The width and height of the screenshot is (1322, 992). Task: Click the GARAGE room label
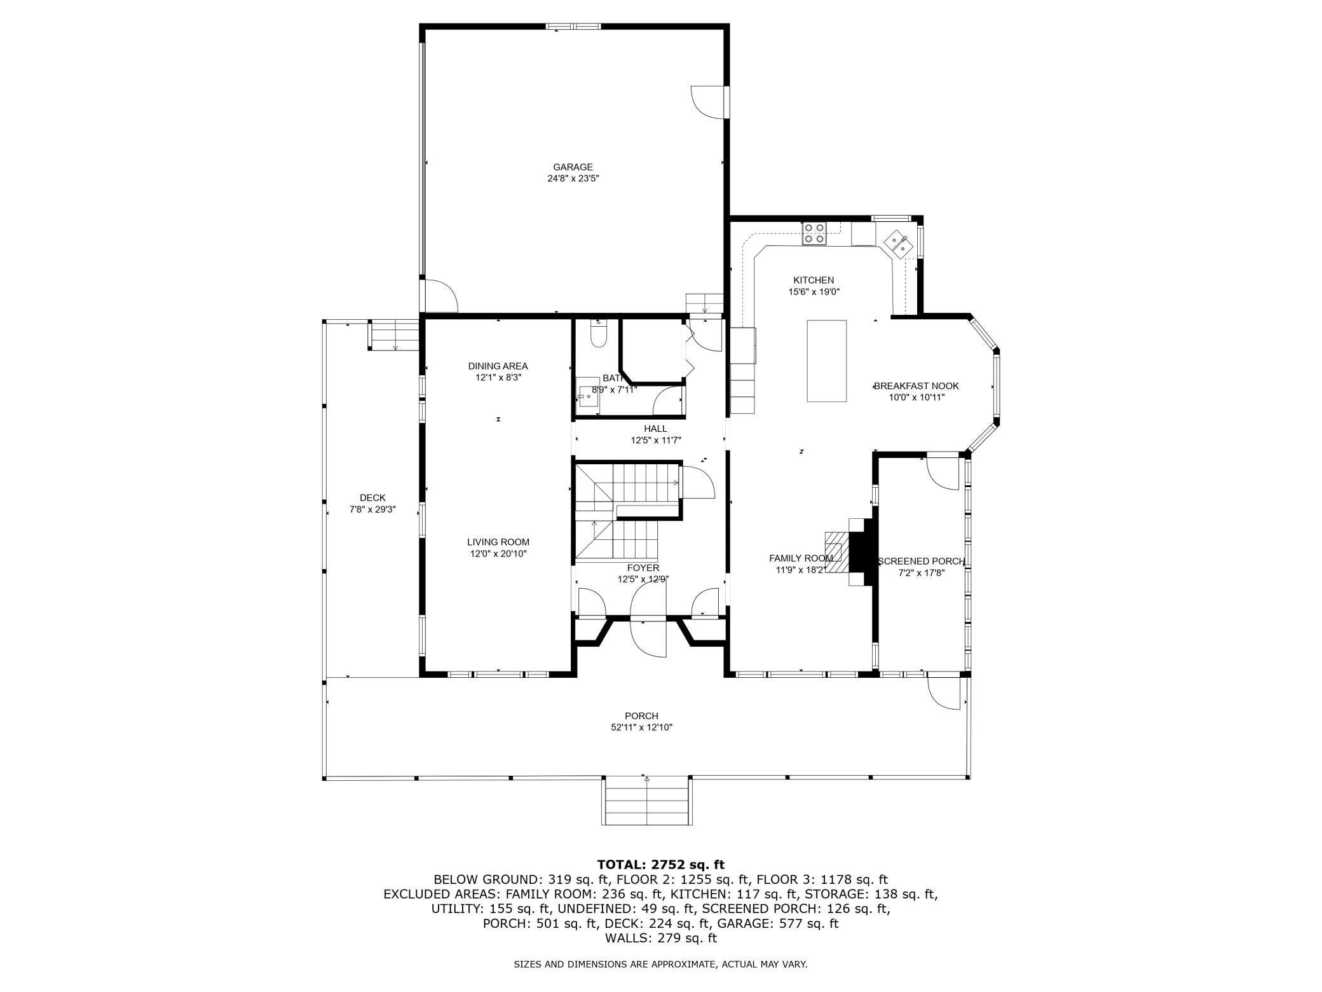tap(573, 167)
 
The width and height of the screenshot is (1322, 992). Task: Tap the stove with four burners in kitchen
tap(814, 234)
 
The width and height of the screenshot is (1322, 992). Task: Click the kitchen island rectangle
tap(826, 361)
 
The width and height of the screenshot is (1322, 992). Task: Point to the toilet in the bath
tap(599, 334)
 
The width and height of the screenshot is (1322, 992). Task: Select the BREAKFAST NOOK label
tap(917, 386)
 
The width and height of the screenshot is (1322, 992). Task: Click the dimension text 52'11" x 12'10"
tap(641, 727)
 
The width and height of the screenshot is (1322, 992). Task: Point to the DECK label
tap(372, 498)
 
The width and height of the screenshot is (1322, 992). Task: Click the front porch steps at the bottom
tap(646, 801)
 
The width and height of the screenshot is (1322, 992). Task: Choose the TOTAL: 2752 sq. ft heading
tap(660, 865)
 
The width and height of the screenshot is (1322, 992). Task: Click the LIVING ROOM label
tap(498, 542)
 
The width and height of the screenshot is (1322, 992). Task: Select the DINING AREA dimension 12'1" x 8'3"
tap(498, 378)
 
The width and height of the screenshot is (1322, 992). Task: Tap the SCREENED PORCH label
tap(921, 561)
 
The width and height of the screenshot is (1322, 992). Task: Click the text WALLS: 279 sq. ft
tap(660, 938)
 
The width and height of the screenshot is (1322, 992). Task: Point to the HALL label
tap(655, 429)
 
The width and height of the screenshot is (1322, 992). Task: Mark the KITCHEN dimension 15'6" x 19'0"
tap(814, 293)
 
